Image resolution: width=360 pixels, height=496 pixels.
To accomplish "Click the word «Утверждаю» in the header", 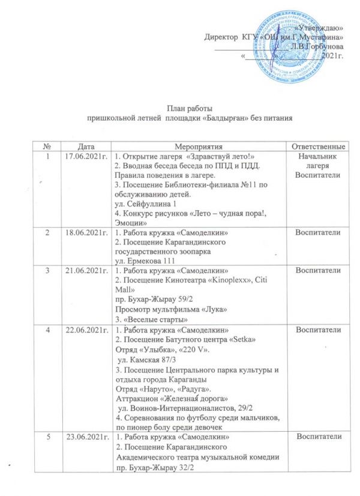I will point(320,28).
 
